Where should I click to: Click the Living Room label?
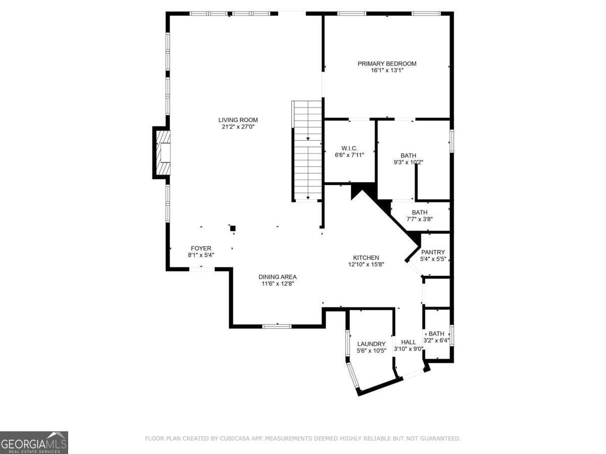pyautogui.click(x=238, y=120)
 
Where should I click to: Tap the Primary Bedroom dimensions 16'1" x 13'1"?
pyautogui.click(x=387, y=71)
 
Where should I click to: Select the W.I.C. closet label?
pyautogui.click(x=349, y=148)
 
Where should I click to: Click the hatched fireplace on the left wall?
pyautogui.click(x=163, y=153)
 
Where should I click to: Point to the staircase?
pyautogui.click(x=307, y=151)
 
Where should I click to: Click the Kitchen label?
pyautogui.click(x=366, y=258)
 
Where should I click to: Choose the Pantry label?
pyautogui.click(x=433, y=252)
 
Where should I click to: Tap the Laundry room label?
pyautogui.click(x=371, y=344)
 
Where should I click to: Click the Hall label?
pyautogui.click(x=408, y=342)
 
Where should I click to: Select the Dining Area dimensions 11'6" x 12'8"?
pyautogui.click(x=277, y=284)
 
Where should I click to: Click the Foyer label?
pyautogui.click(x=200, y=248)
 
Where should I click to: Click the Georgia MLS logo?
pyautogui.click(x=34, y=442)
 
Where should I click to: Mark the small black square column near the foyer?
pyautogui.click(x=233, y=229)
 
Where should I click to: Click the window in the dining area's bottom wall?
pyautogui.click(x=277, y=326)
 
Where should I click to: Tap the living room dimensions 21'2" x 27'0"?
pyautogui.click(x=238, y=127)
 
